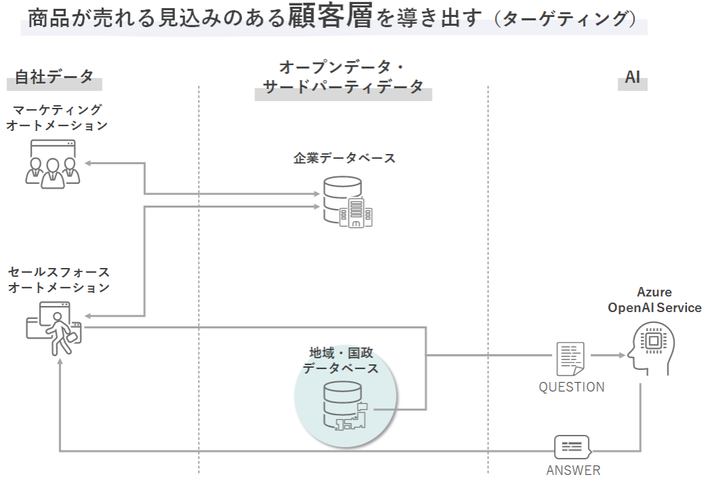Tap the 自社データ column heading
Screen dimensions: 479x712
pyautogui.click(x=54, y=77)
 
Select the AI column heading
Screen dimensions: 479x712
pyautogui.click(x=633, y=77)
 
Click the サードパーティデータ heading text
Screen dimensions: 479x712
pyautogui.click(x=343, y=88)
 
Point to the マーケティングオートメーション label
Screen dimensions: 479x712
pyautogui.click(x=57, y=117)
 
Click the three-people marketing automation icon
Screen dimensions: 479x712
pyautogui.click(x=53, y=163)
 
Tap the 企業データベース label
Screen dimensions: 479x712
pyautogui.click(x=344, y=158)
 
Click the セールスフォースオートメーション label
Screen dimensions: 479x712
pyautogui.click(x=58, y=280)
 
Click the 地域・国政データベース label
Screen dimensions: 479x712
pyautogui.click(x=340, y=360)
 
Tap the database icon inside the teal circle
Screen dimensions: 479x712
pyautogui.click(x=345, y=406)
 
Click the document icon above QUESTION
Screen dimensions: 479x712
pyautogui.click(x=570, y=358)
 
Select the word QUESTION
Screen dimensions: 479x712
pyautogui.click(x=572, y=387)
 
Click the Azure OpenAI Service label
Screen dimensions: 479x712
pyautogui.click(x=654, y=300)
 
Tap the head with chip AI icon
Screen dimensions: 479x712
pyautogui.click(x=651, y=348)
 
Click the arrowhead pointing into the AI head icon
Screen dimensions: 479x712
pyautogui.click(x=621, y=356)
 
